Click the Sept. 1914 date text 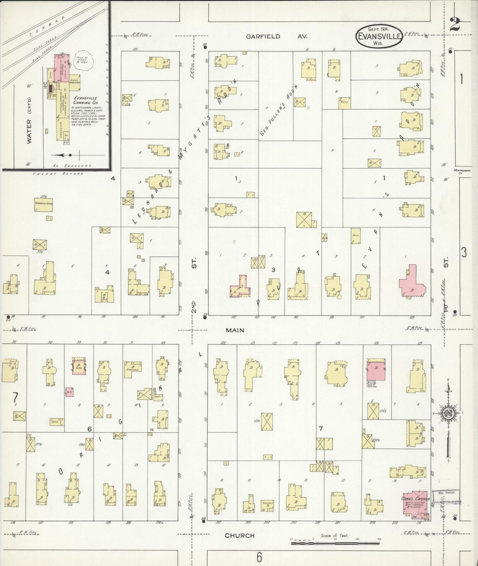point(379,29)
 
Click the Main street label point(235,330)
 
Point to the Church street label point(239,535)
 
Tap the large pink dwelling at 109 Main point(412,282)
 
